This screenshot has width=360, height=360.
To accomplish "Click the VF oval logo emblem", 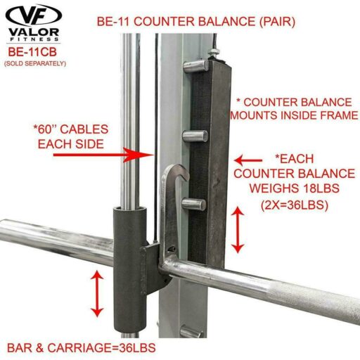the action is point(34,16).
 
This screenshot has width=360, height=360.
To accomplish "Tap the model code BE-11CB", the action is point(32,52).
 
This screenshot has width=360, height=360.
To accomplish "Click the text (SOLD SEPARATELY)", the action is point(35,63).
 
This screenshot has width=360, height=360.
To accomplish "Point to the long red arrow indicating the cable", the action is point(103,155).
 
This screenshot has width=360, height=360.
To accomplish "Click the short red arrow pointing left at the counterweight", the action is point(248,160).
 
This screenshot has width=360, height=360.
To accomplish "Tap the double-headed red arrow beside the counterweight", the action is point(238,230).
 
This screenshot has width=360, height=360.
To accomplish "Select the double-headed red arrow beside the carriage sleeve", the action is point(97,293).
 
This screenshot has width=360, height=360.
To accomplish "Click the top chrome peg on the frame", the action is point(195,66).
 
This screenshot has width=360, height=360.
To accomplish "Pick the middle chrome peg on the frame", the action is point(195,136).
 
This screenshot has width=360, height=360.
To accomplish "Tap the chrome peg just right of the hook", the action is point(194,204).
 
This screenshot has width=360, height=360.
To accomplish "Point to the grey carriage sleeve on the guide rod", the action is point(129,269).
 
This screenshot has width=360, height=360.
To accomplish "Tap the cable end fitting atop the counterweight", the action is point(214,53).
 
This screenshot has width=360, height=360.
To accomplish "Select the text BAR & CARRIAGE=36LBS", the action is point(82,348).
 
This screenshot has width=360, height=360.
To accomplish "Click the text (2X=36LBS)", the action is point(295,205).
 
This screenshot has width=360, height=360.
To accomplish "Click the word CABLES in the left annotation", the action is point(84,129).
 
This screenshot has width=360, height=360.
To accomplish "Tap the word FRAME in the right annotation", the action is point(337,115).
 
